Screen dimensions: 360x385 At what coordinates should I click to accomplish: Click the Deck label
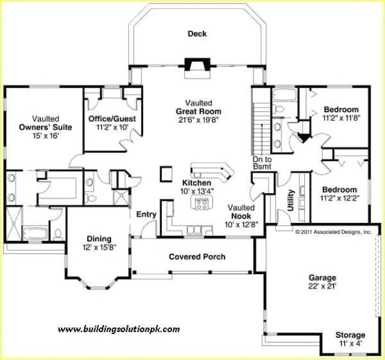(x=197, y=34)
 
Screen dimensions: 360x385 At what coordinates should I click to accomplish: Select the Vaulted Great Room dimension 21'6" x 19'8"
(x=199, y=120)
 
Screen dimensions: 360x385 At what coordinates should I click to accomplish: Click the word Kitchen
(x=196, y=182)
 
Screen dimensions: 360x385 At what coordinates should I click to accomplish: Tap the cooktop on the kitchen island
(x=200, y=204)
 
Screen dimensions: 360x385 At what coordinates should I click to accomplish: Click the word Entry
(x=147, y=214)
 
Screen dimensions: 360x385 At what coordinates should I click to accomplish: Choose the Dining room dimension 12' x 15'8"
(x=100, y=247)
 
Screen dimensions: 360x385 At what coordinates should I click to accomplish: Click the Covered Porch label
(x=197, y=257)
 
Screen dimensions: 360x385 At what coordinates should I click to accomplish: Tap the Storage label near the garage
(x=350, y=335)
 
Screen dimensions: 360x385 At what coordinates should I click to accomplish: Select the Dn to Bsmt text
(x=262, y=162)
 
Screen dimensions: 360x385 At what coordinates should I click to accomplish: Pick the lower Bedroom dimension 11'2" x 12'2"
(x=339, y=198)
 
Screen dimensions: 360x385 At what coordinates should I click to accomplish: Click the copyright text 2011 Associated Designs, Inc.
(x=333, y=231)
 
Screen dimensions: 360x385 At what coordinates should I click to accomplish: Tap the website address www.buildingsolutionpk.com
(x=118, y=329)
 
